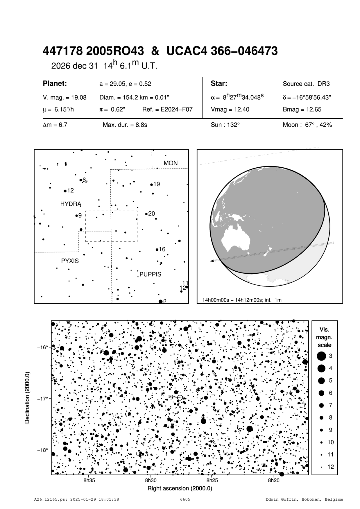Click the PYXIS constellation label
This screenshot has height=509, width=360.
[x=70, y=261]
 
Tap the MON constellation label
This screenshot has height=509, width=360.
[x=171, y=163]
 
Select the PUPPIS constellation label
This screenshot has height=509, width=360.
[x=150, y=274]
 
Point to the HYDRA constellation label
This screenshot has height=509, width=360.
[x=71, y=204]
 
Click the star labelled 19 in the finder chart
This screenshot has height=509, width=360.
[x=151, y=184]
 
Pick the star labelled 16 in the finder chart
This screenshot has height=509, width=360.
[x=157, y=250]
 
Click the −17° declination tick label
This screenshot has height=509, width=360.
[x=42, y=399]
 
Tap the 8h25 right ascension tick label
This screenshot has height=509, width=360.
[x=212, y=480]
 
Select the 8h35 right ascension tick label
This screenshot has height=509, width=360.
[x=89, y=480]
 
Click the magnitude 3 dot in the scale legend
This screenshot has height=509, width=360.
[x=321, y=356]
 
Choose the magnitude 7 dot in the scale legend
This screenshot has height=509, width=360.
[x=321, y=405]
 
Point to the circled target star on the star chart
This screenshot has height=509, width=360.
[x=180, y=398]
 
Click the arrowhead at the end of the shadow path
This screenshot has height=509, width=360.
[x=212, y=261]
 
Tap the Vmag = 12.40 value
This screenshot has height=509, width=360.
[x=230, y=110]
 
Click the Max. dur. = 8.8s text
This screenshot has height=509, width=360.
[x=125, y=125]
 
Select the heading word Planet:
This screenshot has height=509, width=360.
[x=55, y=84]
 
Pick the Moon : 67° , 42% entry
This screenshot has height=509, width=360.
[x=307, y=125]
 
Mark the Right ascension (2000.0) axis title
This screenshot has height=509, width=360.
[x=180, y=488]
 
